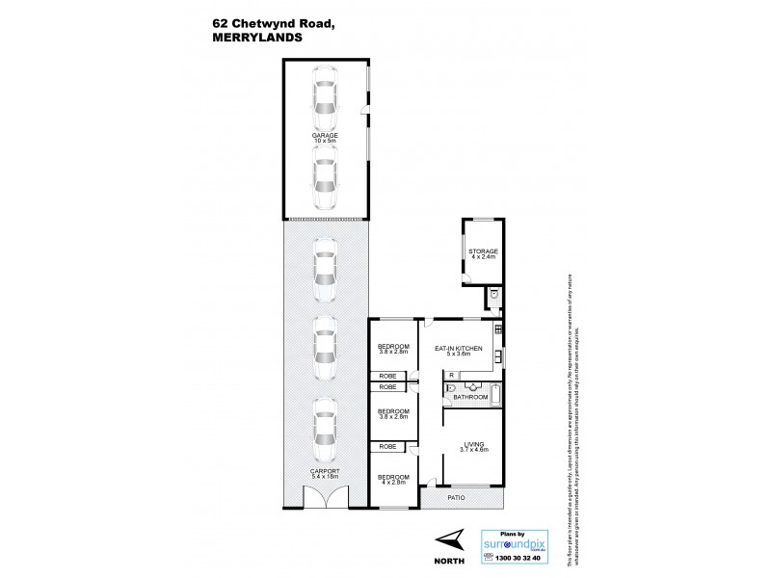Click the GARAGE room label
[325, 136]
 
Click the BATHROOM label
[471, 396]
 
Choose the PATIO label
[456, 498]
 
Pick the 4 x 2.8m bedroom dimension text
[393, 483]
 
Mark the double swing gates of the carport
[325, 498]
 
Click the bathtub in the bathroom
[494, 394]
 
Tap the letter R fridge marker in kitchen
[451, 375]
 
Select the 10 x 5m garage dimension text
[325, 143]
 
